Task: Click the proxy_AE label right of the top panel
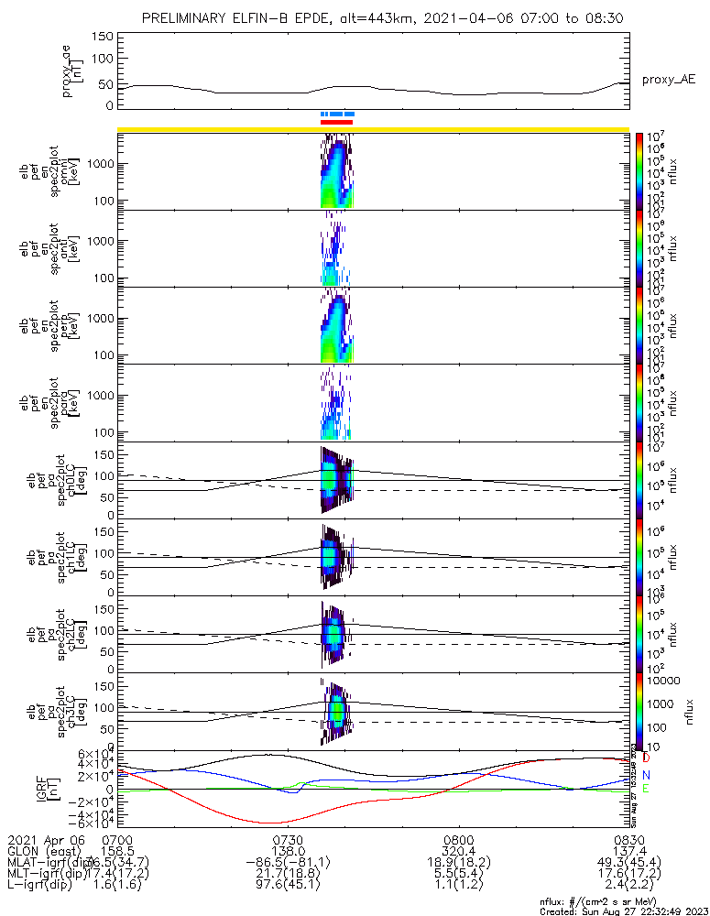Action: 668,80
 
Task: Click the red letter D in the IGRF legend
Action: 647,758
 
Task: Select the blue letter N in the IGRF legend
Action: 647,774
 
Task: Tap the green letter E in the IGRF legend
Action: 647,789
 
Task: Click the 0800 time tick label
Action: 458,839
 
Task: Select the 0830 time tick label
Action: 628,839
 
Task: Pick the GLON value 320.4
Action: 458,851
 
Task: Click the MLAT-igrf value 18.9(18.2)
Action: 458,863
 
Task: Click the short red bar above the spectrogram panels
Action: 336,121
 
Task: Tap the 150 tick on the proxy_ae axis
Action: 103,37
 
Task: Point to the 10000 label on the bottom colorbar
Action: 665,681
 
